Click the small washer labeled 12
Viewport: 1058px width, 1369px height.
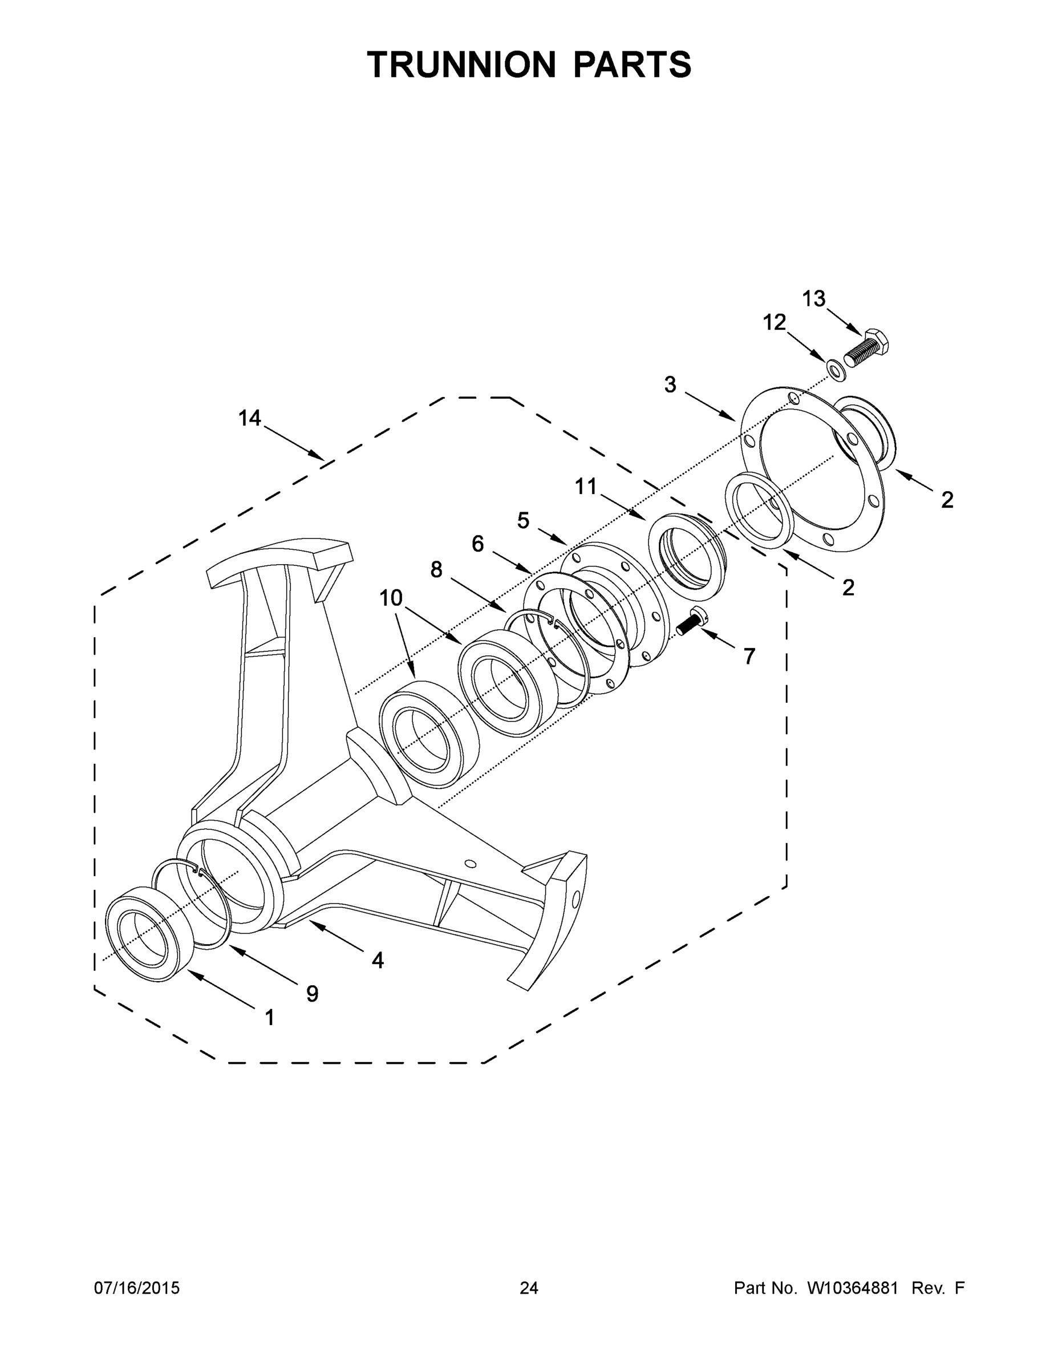point(836,370)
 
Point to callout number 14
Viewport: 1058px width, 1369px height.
point(249,418)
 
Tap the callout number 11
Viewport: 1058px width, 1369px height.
point(587,486)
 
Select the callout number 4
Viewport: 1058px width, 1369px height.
point(378,959)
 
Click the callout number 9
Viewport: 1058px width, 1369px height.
point(312,994)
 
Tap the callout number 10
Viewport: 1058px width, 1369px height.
point(391,598)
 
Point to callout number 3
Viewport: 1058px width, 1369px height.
point(671,384)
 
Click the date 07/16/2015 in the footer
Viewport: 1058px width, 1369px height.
point(137,1288)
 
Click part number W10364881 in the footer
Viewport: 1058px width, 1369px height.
point(853,1288)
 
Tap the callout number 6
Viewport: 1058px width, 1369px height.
point(477,544)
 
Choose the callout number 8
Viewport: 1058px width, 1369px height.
point(436,569)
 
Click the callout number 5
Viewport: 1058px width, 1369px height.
point(524,520)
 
